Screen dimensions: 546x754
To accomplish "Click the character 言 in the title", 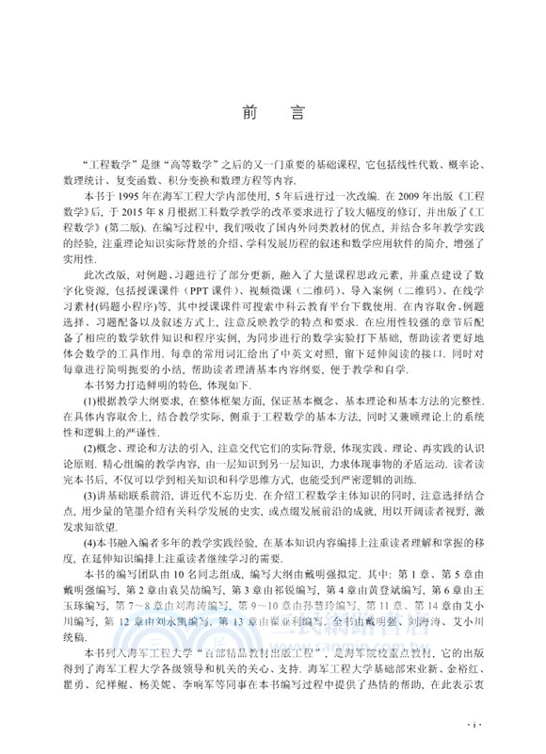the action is (297, 112).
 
